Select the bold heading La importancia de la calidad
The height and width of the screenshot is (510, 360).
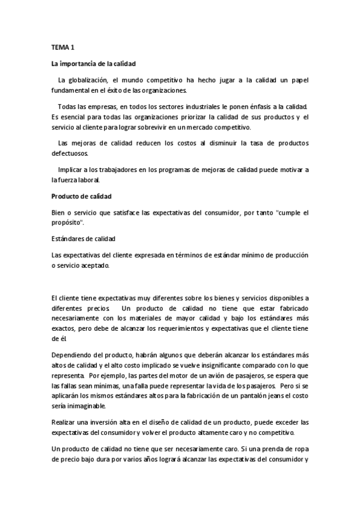pos(93,63)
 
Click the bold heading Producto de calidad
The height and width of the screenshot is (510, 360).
pos(81,197)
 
